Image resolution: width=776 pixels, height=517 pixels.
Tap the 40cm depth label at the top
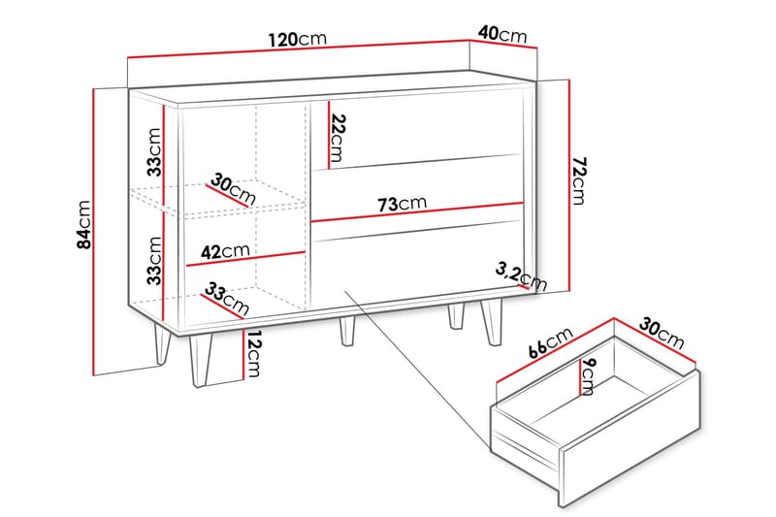tap(501, 35)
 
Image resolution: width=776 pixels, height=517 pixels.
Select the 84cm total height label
tap(84, 225)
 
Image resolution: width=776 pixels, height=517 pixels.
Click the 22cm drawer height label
tap(337, 138)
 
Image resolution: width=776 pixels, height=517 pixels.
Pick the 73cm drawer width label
tap(401, 204)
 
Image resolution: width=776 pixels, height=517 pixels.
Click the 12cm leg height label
tap(251, 356)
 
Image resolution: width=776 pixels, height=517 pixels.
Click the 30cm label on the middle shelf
tap(233, 188)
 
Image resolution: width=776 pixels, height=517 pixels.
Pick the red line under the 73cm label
tap(417, 214)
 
